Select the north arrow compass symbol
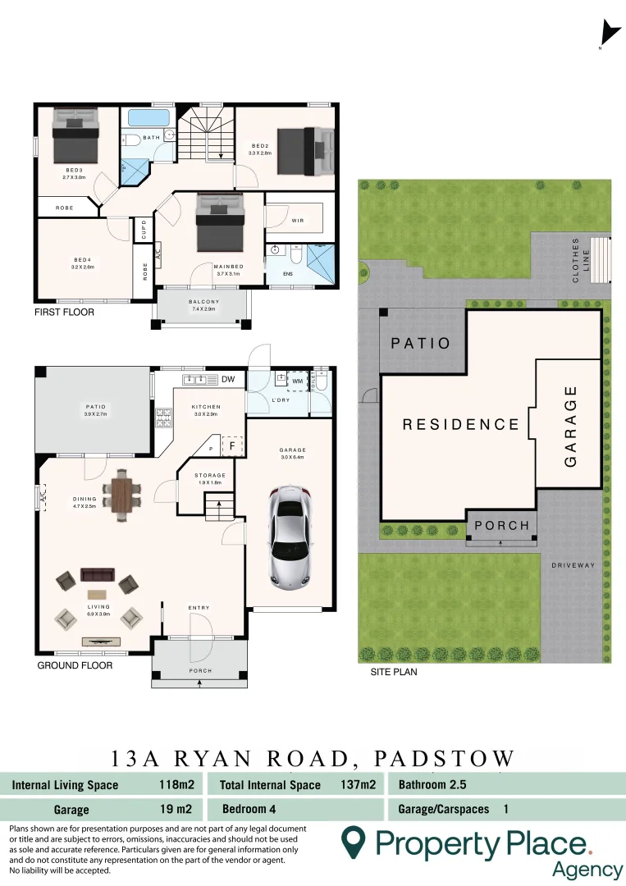[609, 33]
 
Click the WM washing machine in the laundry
[296, 380]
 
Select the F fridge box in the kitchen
[233, 445]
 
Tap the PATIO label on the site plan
[421, 343]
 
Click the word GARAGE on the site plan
[571, 427]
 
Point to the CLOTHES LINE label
[581, 261]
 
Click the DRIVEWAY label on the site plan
[573, 565]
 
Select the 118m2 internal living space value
[176, 784]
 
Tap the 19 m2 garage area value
[176, 809]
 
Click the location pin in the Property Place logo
[354, 842]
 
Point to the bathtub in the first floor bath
[149, 116]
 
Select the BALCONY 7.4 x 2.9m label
[202, 305]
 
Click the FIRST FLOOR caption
[64, 313]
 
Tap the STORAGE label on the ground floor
[209, 475]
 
